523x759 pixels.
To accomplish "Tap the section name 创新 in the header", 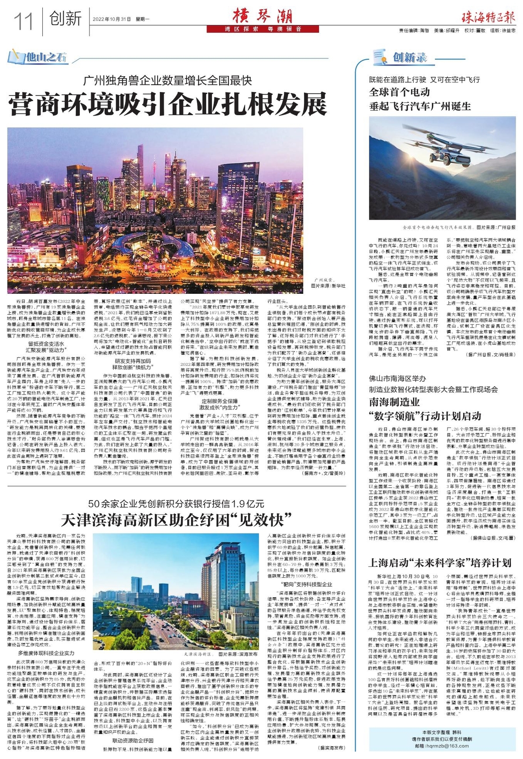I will click(x=65, y=19).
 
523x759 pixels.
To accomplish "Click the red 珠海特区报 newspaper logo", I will click(x=488, y=18).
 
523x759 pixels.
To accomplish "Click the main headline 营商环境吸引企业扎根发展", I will click(x=167, y=104).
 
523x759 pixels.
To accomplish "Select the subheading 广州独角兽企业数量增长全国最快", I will click(x=167, y=80).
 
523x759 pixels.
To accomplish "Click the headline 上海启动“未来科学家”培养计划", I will click(x=440, y=562).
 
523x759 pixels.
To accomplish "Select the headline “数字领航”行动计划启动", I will click(x=425, y=415).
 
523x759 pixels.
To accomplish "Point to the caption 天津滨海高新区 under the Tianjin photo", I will click(x=197, y=654).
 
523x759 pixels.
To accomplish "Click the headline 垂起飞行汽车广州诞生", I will click(x=420, y=106).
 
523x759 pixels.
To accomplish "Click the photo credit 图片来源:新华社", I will click(x=328, y=286).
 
